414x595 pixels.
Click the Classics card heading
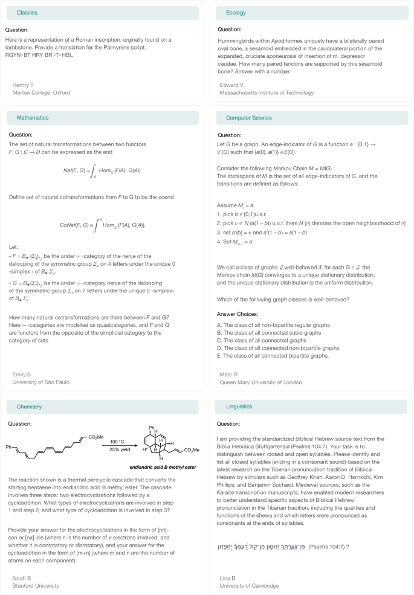point(27,13)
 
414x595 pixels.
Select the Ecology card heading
point(236,13)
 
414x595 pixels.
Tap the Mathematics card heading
point(33,118)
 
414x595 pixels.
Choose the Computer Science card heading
point(248,118)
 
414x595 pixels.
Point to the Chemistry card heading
point(29,407)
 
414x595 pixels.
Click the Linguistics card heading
point(239,407)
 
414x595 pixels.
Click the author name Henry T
point(23,85)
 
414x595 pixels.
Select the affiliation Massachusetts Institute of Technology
point(267,93)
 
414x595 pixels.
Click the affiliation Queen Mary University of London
point(260,382)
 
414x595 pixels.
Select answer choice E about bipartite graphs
point(272,356)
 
